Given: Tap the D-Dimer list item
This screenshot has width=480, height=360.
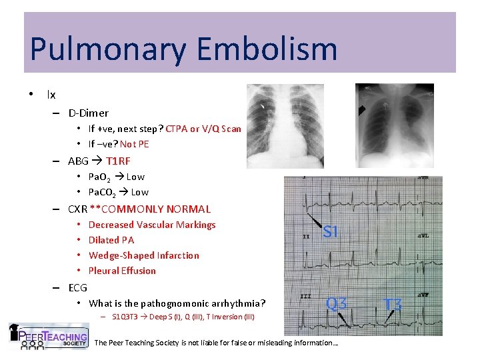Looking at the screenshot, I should click(89, 113).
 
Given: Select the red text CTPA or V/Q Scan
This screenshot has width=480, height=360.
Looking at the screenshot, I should click(203, 129).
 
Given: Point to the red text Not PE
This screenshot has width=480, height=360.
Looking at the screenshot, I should click(135, 144).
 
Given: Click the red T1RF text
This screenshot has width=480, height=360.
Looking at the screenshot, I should click(118, 161).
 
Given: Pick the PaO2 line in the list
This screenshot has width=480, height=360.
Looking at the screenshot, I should click(117, 177).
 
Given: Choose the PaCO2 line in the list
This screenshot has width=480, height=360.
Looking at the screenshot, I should click(119, 192).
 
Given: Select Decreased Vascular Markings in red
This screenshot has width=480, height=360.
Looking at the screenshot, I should click(152, 225).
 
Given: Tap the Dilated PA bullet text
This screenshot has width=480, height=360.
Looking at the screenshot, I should click(111, 240).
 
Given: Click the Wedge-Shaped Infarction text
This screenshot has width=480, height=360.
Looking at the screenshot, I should click(143, 255).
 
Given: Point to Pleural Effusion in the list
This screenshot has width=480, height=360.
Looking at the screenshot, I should click(122, 271).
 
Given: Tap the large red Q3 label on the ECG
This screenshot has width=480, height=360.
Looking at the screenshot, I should click(336, 304).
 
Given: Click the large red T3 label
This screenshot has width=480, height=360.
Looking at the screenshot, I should click(393, 305).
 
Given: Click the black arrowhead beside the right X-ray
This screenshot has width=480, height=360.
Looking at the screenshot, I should click(361, 109).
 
